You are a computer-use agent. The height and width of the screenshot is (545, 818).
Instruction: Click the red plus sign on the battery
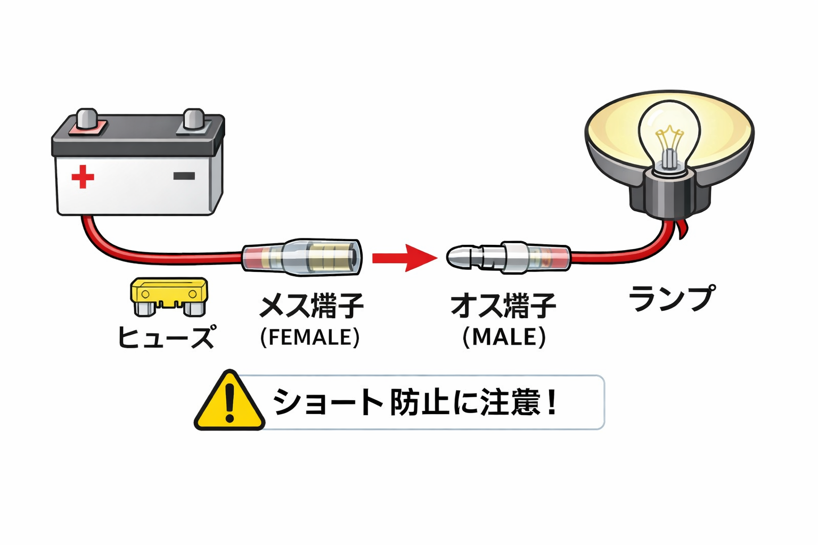[x=83, y=177]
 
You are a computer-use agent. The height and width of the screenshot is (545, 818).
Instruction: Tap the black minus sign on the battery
[x=184, y=176]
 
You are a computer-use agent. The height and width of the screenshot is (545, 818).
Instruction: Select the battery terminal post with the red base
[x=87, y=120]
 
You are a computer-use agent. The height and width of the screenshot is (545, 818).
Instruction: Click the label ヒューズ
[x=167, y=336]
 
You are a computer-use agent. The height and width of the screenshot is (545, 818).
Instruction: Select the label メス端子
[x=311, y=305]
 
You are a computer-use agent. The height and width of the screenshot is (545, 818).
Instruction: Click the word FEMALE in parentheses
[x=310, y=337]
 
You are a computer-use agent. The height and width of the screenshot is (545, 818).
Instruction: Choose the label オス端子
[x=503, y=305]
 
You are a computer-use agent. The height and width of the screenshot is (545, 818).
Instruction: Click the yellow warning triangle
[x=230, y=402]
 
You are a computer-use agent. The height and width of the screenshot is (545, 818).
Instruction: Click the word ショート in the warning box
[x=328, y=402]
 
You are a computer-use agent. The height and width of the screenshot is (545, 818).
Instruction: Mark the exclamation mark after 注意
[x=551, y=402]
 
